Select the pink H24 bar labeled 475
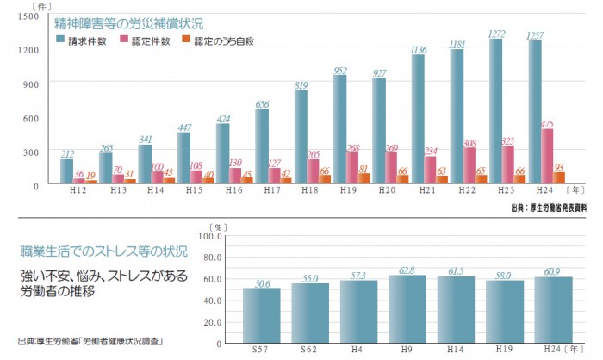click(x=548, y=156)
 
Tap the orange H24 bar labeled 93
click(x=559, y=178)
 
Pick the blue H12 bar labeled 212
click(x=66, y=171)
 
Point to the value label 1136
click(x=420, y=50)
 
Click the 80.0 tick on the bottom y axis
click(x=210, y=256)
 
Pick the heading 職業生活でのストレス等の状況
click(x=104, y=252)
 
